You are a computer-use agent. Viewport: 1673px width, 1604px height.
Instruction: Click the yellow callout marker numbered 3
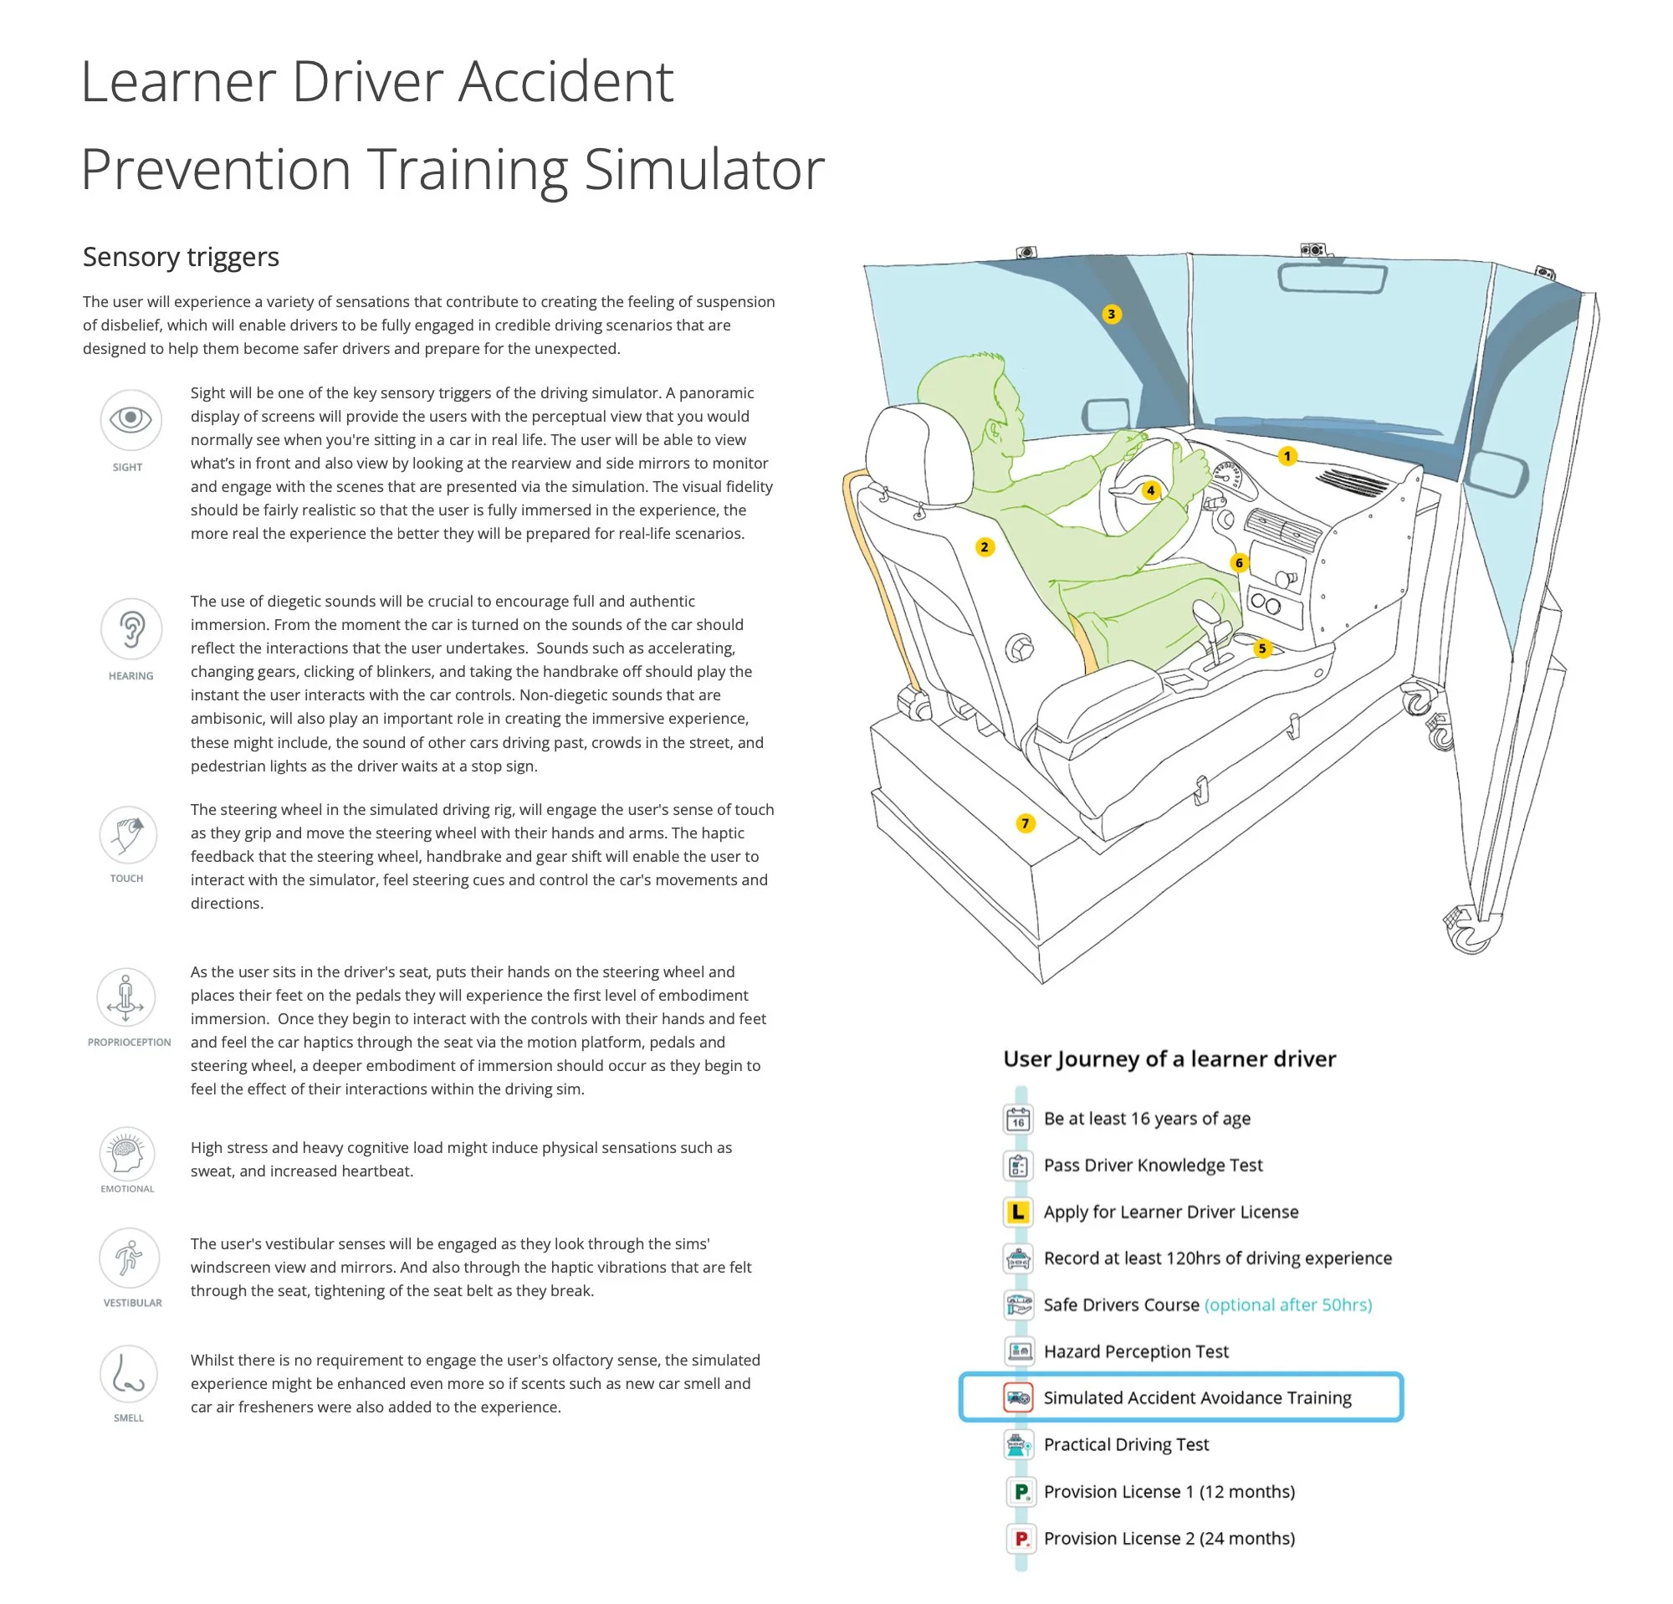click(x=1112, y=314)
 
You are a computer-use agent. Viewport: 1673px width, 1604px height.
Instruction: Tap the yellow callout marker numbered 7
click(x=1026, y=822)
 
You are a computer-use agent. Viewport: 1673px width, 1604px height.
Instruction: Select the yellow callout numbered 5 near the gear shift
click(x=1262, y=648)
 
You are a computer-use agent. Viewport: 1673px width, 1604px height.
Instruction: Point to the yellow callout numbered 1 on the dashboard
click(x=1287, y=456)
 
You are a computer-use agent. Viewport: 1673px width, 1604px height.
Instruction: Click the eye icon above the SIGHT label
click(x=130, y=419)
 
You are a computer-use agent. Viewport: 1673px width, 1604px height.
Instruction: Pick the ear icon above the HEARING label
click(x=130, y=628)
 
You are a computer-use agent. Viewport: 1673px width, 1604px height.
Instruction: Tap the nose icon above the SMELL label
click(x=128, y=1374)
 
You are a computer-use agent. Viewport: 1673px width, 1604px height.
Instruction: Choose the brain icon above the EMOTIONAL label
click(x=127, y=1153)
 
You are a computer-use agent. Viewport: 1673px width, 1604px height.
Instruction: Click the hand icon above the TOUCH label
click(x=128, y=834)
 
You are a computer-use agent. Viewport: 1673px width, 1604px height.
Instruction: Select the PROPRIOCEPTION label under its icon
click(x=129, y=1043)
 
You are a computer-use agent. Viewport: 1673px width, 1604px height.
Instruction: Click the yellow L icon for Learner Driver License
click(x=1018, y=1212)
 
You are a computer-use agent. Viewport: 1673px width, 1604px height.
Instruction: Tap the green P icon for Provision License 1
click(x=1020, y=1491)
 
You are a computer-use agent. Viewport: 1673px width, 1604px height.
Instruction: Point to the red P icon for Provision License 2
click(x=1020, y=1538)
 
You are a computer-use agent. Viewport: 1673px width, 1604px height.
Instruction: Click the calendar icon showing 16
click(x=1018, y=1118)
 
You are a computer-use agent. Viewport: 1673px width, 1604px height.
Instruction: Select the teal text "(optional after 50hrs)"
click(x=1287, y=1304)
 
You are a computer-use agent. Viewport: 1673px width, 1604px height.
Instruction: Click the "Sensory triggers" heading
click(x=181, y=257)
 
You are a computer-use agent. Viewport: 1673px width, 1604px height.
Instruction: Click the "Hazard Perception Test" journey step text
click(x=1135, y=1351)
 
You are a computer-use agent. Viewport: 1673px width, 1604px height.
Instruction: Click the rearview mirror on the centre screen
click(x=1331, y=279)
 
